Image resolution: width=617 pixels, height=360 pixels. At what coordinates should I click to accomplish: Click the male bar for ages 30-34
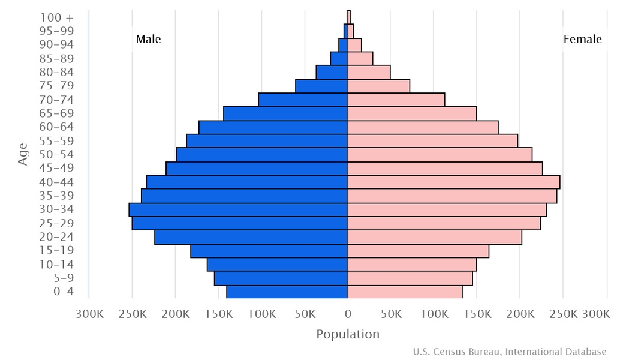tap(238, 209)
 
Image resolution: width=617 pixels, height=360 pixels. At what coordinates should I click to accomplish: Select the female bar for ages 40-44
tap(453, 182)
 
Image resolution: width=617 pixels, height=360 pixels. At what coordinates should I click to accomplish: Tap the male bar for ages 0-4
tap(287, 292)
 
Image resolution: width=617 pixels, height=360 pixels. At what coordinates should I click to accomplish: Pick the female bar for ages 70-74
tap(396, 100)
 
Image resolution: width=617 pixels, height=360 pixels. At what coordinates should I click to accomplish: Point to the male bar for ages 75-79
tap(321, 86)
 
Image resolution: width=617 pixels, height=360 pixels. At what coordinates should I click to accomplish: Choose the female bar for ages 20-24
tap(434, 237)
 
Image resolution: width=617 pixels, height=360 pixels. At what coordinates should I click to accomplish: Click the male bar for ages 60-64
tap(273, 127)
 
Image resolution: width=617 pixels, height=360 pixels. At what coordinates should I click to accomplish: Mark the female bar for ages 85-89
tap(360, 58)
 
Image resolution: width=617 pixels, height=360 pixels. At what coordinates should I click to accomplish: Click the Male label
tap(148, 40)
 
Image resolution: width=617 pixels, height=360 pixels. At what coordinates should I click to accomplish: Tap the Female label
tap(582, 40)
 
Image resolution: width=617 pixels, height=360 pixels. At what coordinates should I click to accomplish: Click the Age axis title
tap(23, 154)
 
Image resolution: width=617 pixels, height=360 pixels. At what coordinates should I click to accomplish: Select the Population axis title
tap(348, 334)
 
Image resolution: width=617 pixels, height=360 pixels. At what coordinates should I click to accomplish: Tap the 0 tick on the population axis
tap(348, 314)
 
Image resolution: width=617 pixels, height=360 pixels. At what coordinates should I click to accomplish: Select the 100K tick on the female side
tap(434, 314)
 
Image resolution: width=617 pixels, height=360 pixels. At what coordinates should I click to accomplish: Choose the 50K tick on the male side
tap(305, 314)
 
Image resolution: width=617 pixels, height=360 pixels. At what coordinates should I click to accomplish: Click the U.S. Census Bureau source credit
tap(509, 352)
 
